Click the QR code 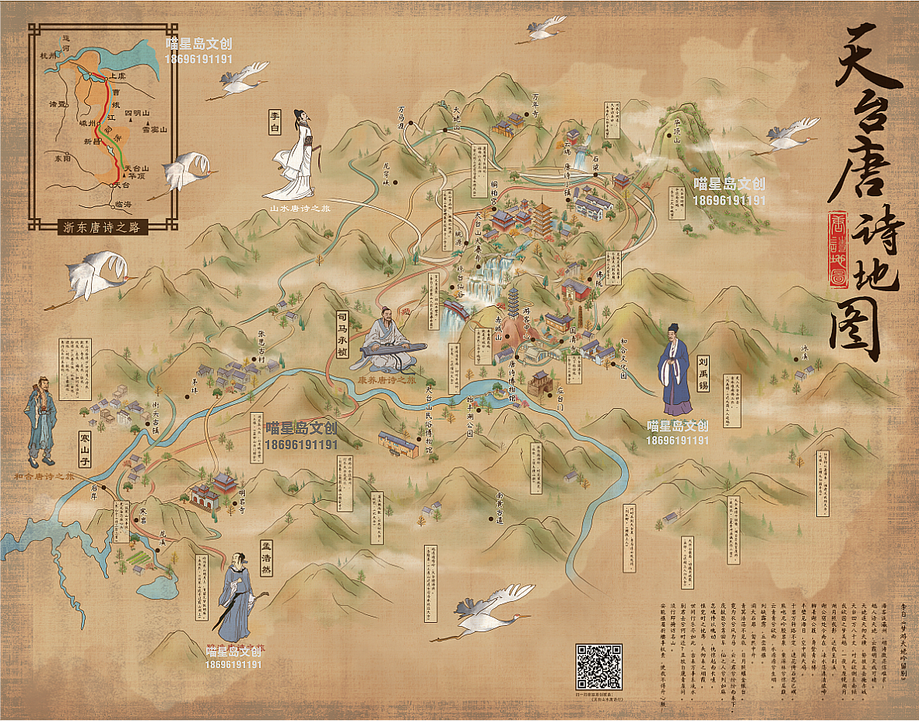pos(598,666)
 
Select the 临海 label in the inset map pos(123,204)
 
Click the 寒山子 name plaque pos(85,450)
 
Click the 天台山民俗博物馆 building pos(398,441)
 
